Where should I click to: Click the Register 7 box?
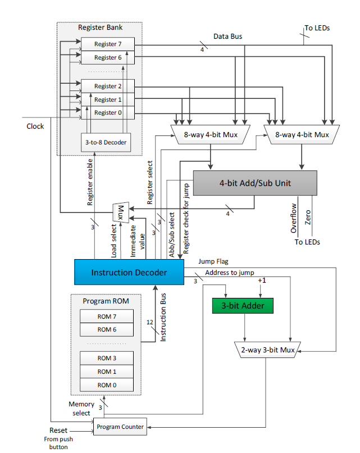[x=108, y=44]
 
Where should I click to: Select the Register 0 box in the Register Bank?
[x=108, y=113]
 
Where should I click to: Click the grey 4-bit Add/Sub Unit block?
[x=255, y=183]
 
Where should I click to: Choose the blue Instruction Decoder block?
[x=129, y=272]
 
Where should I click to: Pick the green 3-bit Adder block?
[x=242, y=306]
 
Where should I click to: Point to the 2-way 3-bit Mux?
[x=267, y=350]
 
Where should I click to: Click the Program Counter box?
[x=120, y=427]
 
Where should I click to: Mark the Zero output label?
[x=308, y=218]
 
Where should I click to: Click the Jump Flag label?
[x=213, y=261]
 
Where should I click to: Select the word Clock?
[x=35, y=126]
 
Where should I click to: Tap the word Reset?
[x=58, y=430]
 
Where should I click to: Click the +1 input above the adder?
[x=260, y=280]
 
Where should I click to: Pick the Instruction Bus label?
[x=163, y=323]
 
